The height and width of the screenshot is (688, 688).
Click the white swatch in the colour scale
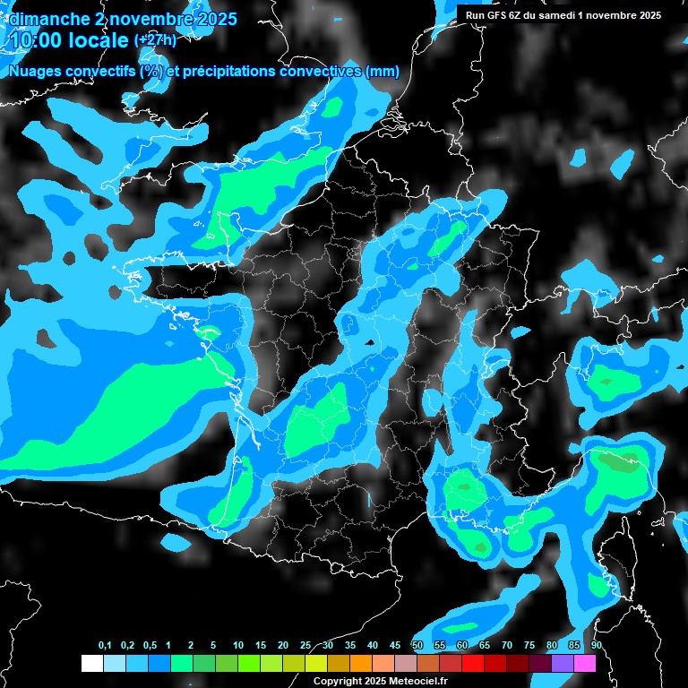click(91, 663)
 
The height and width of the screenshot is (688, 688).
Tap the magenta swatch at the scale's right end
click(585, 663)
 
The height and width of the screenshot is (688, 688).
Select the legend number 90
click(597, 645)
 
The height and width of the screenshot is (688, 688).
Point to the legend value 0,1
click(105, 645)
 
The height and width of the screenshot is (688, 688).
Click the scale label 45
click(395, 645)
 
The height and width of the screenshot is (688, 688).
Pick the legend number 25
click(305, 645)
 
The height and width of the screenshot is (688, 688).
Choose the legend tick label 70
click(507, 645)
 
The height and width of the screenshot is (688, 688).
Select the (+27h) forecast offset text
click(155, 40)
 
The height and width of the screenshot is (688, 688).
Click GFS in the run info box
click(502, 15)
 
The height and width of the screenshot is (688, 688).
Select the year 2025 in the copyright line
click(368, 681)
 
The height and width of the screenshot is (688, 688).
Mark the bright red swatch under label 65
click(473, 663)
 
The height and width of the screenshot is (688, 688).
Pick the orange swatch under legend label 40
click(361, 663)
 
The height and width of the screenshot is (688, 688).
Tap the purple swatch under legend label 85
click(563, 663)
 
